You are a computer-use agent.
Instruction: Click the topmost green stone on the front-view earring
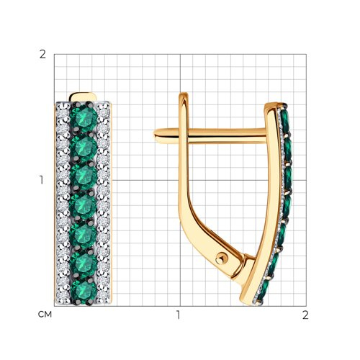tap(84, 117)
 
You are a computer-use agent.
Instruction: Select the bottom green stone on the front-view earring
tap(84, 292)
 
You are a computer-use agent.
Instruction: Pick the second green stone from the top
tap(84, 147)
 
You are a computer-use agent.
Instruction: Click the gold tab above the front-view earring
tap(83, 97)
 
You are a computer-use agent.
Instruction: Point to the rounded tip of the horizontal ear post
tap(156, 136)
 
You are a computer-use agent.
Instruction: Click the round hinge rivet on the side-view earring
tap(221, 259)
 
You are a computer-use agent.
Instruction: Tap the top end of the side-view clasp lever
tap(184, 94)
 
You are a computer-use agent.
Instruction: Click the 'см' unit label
tap(45, 315)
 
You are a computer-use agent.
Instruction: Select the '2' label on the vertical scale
tap(42, 55)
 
